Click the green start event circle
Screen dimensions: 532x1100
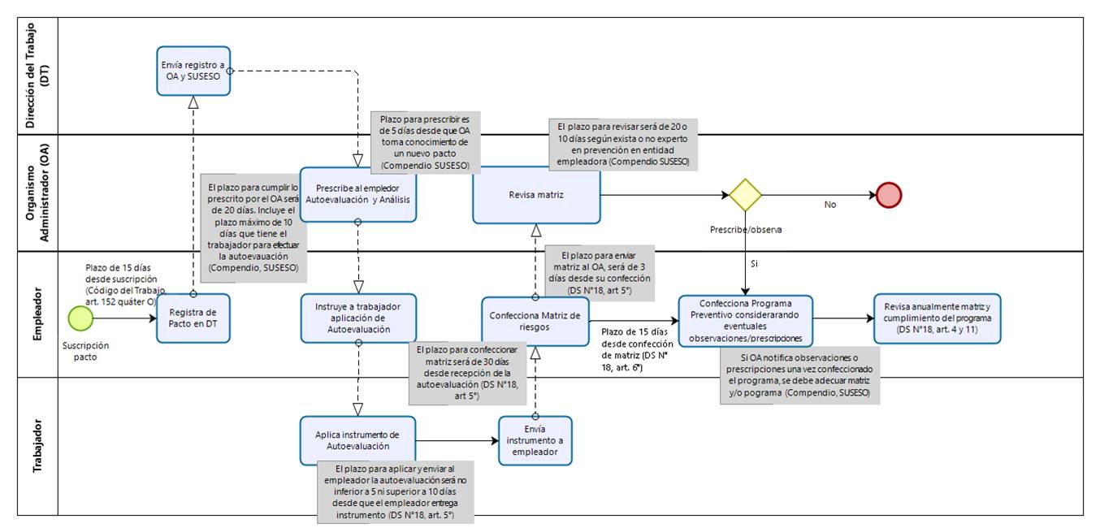point(81,318)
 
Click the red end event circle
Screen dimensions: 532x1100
point(889,196)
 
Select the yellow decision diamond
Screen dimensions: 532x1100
point(745,196)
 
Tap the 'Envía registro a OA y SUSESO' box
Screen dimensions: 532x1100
point(193,71)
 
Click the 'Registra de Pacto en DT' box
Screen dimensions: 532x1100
point(193,318)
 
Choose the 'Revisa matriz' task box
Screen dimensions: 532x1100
point(536,196)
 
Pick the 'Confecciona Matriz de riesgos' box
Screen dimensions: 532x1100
point(535,321)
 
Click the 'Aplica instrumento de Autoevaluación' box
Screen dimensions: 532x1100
point(357,440)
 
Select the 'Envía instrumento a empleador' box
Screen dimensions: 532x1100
point(535,441)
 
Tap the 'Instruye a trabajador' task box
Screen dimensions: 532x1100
point(357,318)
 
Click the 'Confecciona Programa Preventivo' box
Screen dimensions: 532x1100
point(745,321)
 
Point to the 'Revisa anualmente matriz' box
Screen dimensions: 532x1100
point(937,318)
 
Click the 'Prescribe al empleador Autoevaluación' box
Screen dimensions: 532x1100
point(357,192)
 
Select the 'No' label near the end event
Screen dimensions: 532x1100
point(829,205)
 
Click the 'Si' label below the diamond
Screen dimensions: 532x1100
point(754,264)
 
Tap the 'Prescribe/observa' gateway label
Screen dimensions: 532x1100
point(744,230)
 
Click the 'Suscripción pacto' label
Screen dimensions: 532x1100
point(85,351)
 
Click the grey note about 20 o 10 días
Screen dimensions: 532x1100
point(623,145)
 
